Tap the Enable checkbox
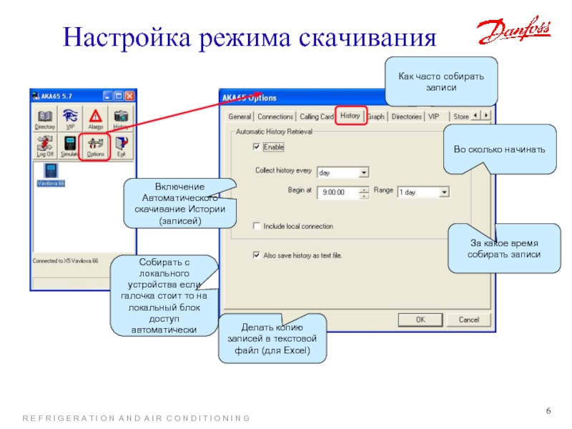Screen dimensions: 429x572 (257, 147)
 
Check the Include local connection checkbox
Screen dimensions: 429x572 (257, 226)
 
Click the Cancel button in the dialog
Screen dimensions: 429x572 (469, 320)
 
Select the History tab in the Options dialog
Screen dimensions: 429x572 (350, 116)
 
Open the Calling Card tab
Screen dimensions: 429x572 (317, 117)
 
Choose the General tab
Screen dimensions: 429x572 (240, 117)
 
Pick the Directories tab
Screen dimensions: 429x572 (407, 117)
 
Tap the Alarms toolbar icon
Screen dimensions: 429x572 (95, 119)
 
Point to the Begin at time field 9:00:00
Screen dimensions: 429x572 (339, 192)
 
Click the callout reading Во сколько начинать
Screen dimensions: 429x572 (500, 149)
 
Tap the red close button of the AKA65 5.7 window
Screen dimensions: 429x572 (129, 94)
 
